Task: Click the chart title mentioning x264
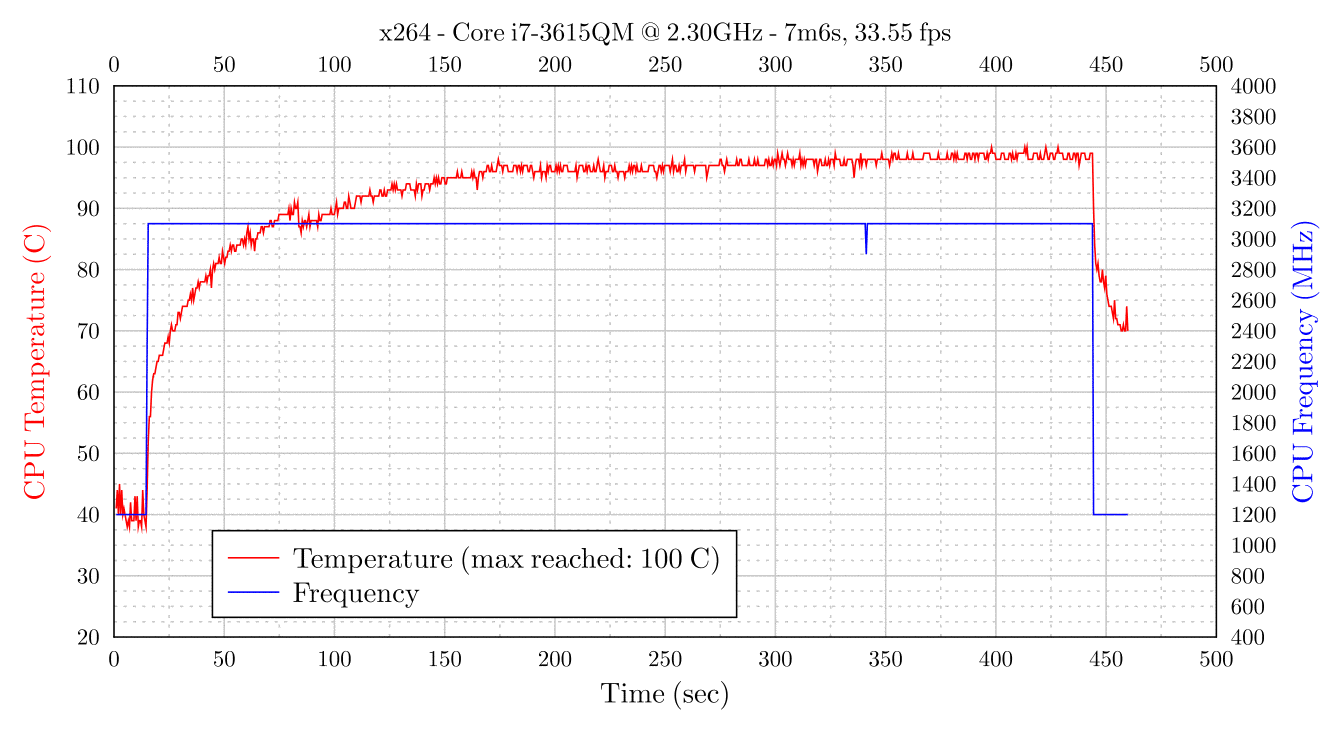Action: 665,33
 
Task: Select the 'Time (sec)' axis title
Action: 665,693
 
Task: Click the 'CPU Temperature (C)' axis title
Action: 35,361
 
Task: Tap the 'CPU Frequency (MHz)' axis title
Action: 1303,361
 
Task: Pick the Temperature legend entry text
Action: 506,557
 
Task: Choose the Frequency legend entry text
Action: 355,593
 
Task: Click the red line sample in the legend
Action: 253,557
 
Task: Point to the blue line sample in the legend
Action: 253,593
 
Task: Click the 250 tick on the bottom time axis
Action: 665,659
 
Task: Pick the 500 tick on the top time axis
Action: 1216,66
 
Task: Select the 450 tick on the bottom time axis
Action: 1106,659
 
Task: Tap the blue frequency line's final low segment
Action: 1110,514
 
